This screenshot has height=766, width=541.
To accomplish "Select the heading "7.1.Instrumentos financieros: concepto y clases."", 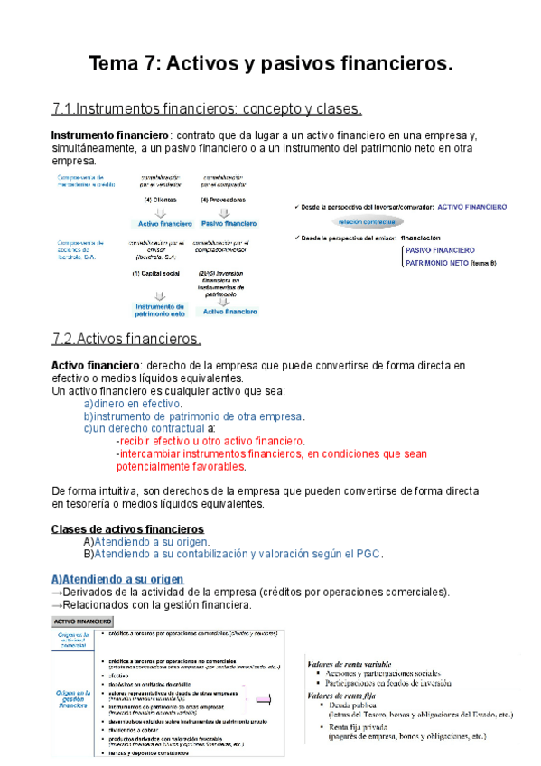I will [x=208, y=110].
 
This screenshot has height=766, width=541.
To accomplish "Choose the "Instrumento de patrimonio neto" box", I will [x=160, y=310].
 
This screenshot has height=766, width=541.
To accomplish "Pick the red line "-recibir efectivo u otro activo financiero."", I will [x=211, y=441].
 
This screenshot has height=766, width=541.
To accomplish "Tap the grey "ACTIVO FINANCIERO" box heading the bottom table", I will [x=82, y=621].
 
